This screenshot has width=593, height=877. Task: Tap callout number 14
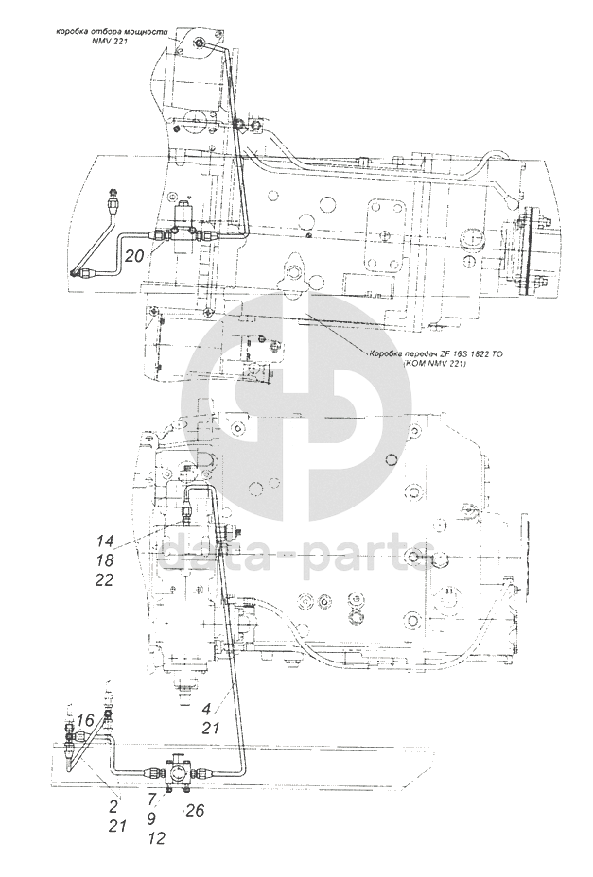point(104,542)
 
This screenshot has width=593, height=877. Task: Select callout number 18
point(104,561)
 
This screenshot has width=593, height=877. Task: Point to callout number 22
point(104,581)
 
